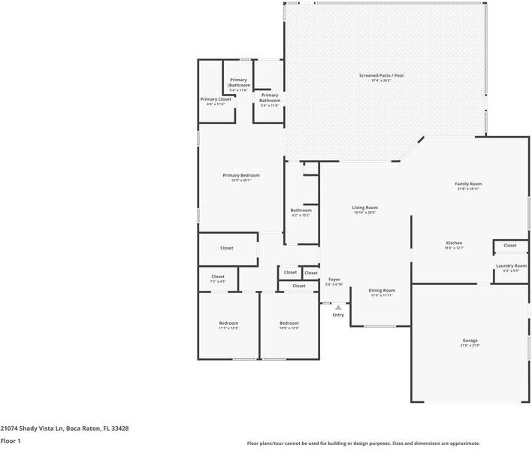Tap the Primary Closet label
pyautogui.click(x=216, y=99)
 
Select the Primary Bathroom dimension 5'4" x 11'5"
pyautogui.click(x=238, y=90)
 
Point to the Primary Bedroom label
pyautogui.click(x=241, y=175)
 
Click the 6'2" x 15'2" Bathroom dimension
pyautogui.click(x=301, y=216)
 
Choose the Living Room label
pyautogui.click(x=365, y=207)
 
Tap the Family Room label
pyautogui.click(x=468, y=183)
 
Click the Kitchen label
pyautogui.click(x=454, y=243)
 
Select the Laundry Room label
pyautogui.click(x=511, y=265)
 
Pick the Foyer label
pyautogui.click(x=334, y=280)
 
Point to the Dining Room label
pyautogui.click(x=382, y=290)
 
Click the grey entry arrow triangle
pyautogui.click(x=338, y=307)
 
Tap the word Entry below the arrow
pyautogui.click(x=338, y=315)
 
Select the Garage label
pyautogui.click(x=470, y=341)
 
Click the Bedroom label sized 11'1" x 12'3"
pyautogui.click(x=228, y=322)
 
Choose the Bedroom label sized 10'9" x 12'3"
pyautogui.click(x=289, y=322)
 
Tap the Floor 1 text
pyautogui.click(x=11, y=441)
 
